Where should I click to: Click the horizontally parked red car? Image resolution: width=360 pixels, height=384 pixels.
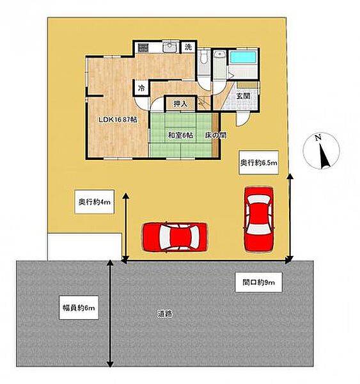click(x=175, y=237)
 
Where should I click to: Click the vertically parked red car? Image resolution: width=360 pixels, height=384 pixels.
click(x=259, y=219)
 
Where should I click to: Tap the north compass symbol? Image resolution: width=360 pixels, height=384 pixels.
click(x=322, y=150)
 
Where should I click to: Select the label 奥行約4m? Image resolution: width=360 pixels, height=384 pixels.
click(x=94, y=202)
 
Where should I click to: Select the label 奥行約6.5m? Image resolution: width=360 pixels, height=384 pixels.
click(x=259, y=163)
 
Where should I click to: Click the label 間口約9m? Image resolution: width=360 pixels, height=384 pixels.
click(x=258, y=282)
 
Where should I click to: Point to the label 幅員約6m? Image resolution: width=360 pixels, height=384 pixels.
click(x=79, y=308)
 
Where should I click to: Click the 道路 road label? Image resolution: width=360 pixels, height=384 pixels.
click(x=165, y=314)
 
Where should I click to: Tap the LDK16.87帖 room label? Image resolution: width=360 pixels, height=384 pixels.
click(x=118, y=120)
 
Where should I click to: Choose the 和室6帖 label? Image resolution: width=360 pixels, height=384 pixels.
click(x=180, y=135)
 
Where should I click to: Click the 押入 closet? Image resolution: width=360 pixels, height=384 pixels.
click(x=180, y=104)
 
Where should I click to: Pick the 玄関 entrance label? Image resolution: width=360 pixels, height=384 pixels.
click(x=243, y=96)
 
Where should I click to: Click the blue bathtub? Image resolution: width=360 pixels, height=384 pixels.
click(x=243, y=58)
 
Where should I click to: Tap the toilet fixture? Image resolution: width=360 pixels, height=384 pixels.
click(x=203, y=58)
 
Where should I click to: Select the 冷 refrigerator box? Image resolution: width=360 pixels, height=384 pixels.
click(x=141, y=88)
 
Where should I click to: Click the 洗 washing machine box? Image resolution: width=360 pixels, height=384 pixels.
click(x=188, y=47)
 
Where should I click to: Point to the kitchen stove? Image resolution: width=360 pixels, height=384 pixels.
click(x=143, y=47)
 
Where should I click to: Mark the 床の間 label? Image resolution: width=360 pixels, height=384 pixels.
click(x=215, y=135)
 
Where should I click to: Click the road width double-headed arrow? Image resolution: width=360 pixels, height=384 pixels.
click(x=111, y=314)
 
